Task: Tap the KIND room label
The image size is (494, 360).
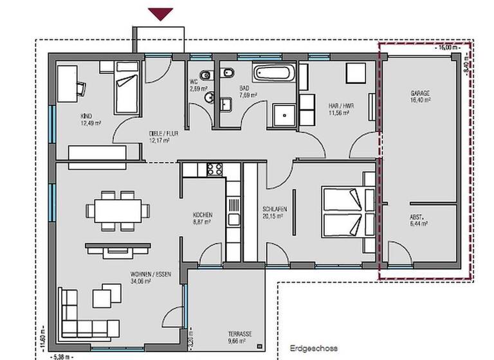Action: coord(86,116)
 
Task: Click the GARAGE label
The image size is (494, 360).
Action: coord(419,93)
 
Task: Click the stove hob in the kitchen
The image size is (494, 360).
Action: coord(214,170)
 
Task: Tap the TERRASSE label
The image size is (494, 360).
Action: coord(239,334)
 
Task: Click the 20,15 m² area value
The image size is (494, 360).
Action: coord(275,217)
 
